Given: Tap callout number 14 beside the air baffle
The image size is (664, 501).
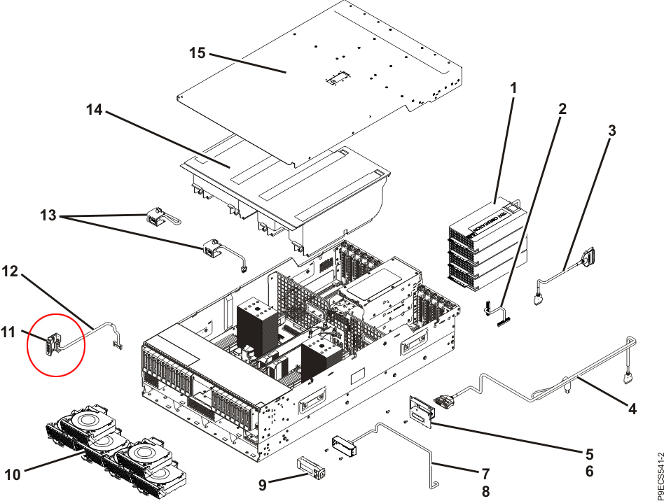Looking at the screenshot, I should click(x=95, y=110).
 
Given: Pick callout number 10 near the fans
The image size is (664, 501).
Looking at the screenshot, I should click(x=13, y=475).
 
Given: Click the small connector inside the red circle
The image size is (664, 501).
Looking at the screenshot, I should click(x=49, y=344).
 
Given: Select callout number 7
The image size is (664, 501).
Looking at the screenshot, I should click(x=486, y=473).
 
